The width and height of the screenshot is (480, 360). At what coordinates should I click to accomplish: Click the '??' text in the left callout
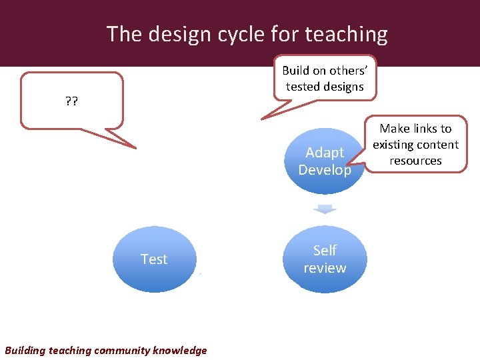coord(71,102)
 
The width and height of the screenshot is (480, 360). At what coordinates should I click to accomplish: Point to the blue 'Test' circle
coord(154,259)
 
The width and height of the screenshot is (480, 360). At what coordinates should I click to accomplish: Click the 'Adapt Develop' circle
coord(325,161)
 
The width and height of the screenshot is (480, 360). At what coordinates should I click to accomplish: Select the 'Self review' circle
coord(325,259)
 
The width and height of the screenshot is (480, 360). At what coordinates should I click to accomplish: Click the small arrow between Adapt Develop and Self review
coord(325,209)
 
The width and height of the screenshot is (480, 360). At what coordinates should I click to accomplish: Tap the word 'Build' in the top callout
coord(296,70)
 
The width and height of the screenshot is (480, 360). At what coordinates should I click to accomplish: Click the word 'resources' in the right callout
coord(415,161)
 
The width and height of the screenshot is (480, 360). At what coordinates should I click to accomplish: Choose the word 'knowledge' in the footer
coord(180,350)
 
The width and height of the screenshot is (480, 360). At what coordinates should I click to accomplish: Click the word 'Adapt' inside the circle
coord(325,153)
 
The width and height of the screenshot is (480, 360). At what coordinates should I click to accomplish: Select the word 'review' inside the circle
coord(325,268)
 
